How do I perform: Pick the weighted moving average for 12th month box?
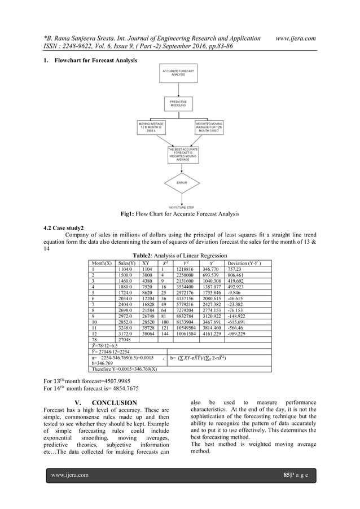210,128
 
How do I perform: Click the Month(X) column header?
102,264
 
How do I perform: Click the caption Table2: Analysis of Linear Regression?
179,255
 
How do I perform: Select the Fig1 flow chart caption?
179,215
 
